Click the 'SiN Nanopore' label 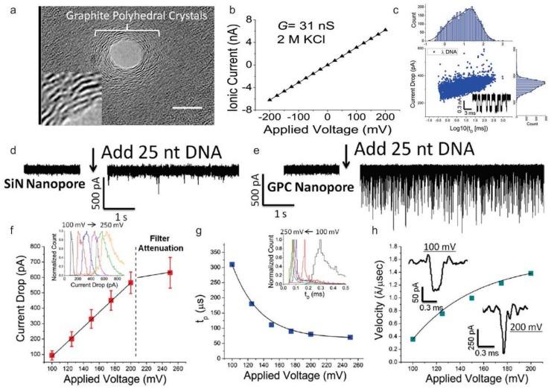coord(48,183)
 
